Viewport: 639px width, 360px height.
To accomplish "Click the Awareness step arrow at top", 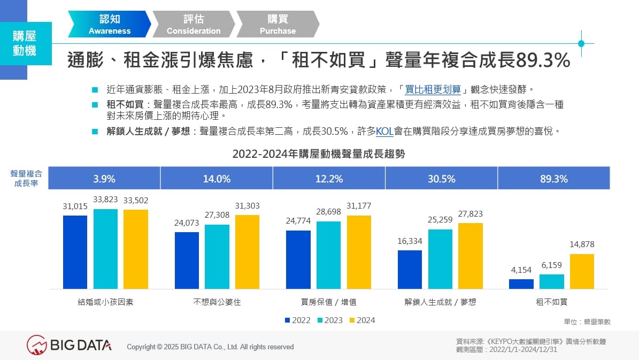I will (x=110, y=25).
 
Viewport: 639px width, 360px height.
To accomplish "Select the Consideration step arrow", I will (x=193, y=25).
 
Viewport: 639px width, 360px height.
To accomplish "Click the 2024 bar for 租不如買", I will (x=582, y=271).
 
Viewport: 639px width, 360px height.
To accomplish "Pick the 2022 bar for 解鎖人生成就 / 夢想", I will (x=409, y=270).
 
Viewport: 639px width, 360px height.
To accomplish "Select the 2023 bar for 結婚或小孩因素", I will (x=105, y=249).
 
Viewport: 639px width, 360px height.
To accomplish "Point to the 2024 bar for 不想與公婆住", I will (x=247, y=252).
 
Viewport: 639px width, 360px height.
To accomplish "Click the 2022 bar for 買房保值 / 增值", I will (x=298, y=259).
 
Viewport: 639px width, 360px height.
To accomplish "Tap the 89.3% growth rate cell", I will (x=553, y=179).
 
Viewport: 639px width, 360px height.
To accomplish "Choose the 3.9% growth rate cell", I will (x=104, y=179).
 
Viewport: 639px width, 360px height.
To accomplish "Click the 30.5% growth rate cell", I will (x=441, y=179).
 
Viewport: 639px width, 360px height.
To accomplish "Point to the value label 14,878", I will (x=582, y=244).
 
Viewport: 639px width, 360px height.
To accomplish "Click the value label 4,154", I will (x=521, y=270).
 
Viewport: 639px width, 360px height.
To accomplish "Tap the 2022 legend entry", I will (x=298, y=320).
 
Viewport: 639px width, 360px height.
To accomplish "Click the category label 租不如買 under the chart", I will (x=552, y=302).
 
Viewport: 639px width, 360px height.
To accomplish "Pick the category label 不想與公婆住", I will (x=217, y=302).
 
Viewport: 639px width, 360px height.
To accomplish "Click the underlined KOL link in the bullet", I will (x=384, y=131).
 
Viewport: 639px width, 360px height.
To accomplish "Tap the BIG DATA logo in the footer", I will (x=70, y=345).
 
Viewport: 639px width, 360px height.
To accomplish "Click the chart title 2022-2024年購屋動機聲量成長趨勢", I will (x=319, y=155).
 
